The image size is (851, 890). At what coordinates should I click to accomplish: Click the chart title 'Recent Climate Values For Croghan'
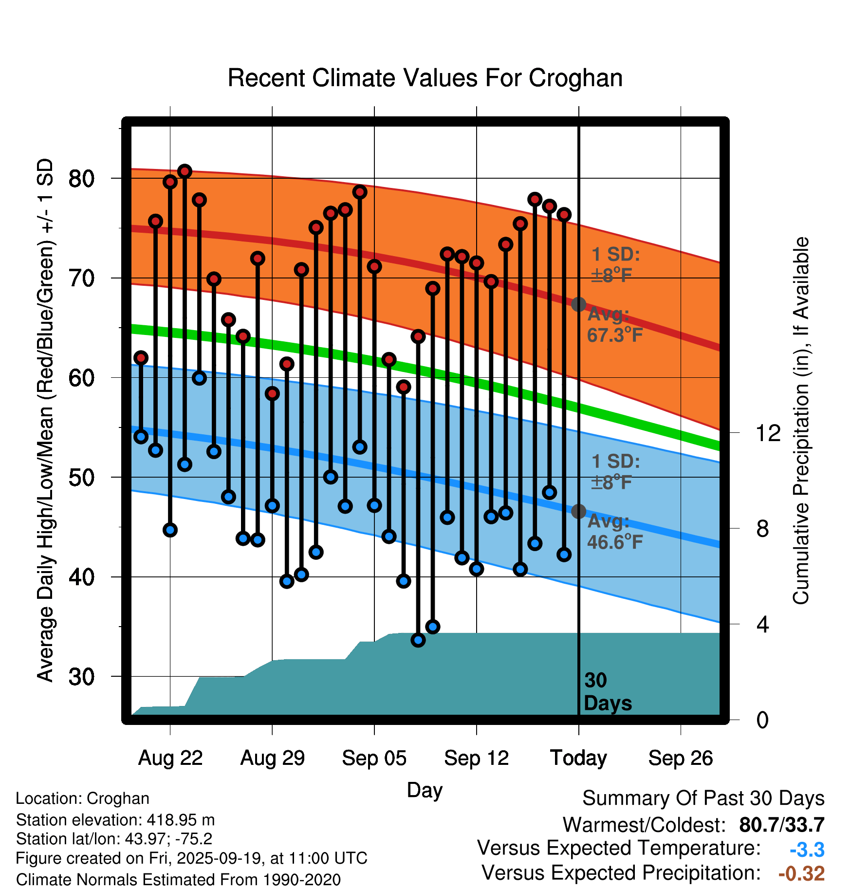click(425, 78)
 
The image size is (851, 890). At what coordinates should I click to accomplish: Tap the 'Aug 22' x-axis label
click(170, 758)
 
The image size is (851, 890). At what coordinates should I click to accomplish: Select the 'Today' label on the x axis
click(578, 758)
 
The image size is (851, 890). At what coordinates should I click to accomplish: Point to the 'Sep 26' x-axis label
click(680, 758)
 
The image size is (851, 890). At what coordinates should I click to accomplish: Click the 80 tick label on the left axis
click(81, 179)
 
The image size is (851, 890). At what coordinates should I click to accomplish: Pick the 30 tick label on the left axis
click(81, 677)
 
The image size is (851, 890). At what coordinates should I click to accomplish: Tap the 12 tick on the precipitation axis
click(768, 433)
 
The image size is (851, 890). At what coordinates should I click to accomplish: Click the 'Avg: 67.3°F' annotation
click(614, 325)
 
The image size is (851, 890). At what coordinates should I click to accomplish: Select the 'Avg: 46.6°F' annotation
click(614, 532)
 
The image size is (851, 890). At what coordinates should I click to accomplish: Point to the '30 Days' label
click(607, 692)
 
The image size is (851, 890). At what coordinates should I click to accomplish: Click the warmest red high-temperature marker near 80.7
click(185, 171)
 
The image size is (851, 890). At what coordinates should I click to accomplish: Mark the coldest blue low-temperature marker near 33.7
click(418, 640)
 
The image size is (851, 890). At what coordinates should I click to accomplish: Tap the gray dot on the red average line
click(578, 304)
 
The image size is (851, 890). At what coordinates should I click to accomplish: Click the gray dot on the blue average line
click(578, 511)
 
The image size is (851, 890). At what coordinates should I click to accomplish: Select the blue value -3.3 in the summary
click(807, 850)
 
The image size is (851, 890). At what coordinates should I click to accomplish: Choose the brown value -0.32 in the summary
click(801, 873)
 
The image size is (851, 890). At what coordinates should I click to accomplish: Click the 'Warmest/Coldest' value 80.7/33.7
click(781, 825)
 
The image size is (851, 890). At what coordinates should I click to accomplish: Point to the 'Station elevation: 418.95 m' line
click(115, 820)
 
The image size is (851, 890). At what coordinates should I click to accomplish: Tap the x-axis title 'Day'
click(425, 790)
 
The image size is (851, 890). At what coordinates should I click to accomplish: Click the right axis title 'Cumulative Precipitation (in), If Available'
click(801, 421)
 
